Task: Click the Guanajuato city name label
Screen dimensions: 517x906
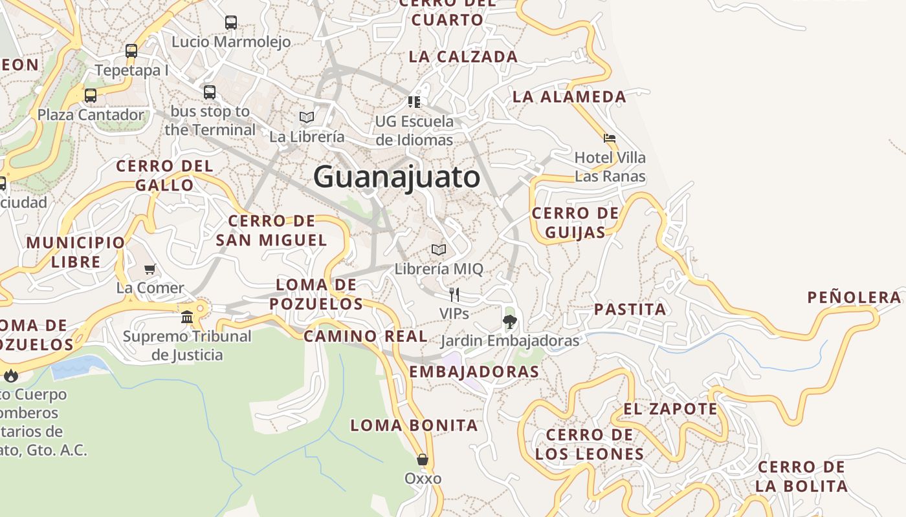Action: [x=397, y=177]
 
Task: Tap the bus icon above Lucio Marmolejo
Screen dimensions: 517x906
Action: [x=231, y=23]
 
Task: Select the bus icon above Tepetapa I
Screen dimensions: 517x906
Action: [x=131, y=51]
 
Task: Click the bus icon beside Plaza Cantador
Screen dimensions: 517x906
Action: [x=91, y=96]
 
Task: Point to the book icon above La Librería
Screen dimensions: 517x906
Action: [x=307, y=117]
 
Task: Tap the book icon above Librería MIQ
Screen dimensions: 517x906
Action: [x=439, y=249]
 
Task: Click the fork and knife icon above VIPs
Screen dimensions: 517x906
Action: [x=454, y=295]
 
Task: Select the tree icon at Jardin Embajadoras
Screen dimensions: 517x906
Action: [x=510, y=321]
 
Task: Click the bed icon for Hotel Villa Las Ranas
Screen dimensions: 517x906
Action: [x=609, y=138]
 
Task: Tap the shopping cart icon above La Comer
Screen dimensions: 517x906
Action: [x=150, y=269]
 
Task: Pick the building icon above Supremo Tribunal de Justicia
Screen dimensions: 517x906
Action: [x=187, y=317]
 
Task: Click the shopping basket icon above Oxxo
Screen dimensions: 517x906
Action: [x=423, y=459]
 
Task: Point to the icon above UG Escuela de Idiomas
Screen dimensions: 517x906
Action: [x=414, y=101]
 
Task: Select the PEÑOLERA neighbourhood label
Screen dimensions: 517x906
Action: [x=854, y=297]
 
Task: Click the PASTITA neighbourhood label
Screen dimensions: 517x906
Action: [x=630, y=309]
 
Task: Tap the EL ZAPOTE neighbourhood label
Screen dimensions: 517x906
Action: [x=670, y=409]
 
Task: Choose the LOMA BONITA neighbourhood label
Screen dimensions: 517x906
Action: [x=414, y=425]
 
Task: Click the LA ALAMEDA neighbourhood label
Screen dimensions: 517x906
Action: [x=569, y=97]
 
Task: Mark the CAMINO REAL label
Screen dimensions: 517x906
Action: [x=366, y=336]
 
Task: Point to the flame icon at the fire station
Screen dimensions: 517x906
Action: [x=11, y=375]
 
